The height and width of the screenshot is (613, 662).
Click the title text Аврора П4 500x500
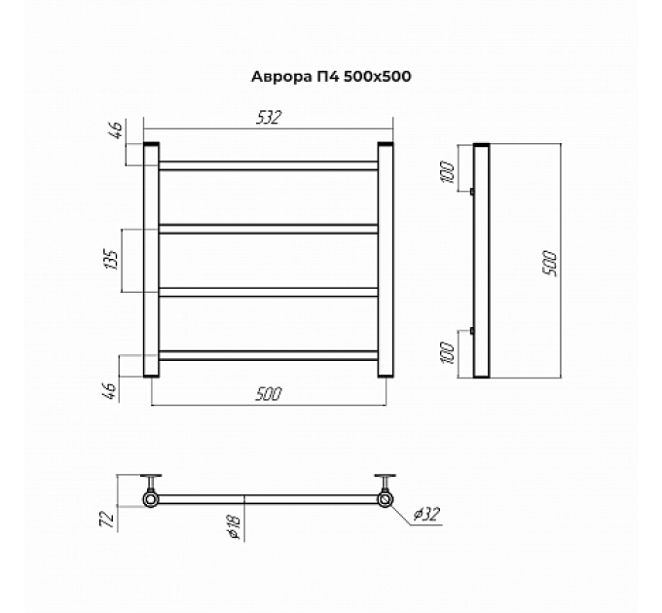[331, 77]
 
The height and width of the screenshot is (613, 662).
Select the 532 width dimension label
[269, 118]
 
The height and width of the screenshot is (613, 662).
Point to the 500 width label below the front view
[269, 394]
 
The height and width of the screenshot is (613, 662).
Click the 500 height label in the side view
[550, 264]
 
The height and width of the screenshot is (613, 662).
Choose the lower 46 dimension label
[109, 391]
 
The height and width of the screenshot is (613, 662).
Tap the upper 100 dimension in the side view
[448, 172]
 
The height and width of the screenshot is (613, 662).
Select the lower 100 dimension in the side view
[448, 352]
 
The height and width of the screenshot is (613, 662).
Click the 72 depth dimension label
[107, 519]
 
